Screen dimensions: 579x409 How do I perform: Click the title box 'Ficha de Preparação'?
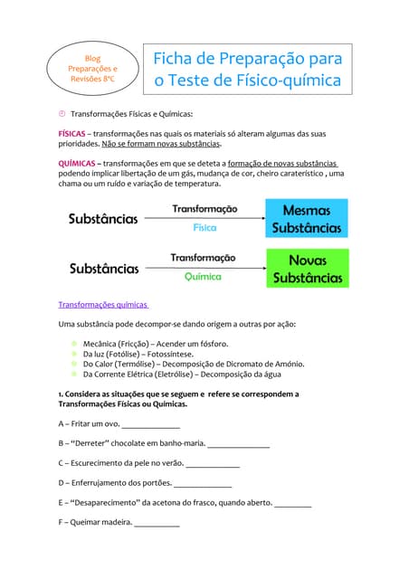click(x=247, y=70)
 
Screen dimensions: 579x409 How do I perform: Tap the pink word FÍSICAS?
click(x=72, y=133)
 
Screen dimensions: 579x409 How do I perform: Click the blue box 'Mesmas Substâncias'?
click(x=307, y=218)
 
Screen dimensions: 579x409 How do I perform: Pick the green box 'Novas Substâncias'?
click(x=307, y=269)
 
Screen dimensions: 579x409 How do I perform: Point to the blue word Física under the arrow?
click(x=204, y=227)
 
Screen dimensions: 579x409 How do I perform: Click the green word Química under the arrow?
click(x=203, y=276)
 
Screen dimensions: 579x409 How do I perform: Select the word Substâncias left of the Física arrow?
click(x=104, y=219)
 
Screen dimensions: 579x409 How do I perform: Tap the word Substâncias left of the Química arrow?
click(x=104, y=269)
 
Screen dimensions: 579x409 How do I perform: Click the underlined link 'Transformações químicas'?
click(x=103, y=305)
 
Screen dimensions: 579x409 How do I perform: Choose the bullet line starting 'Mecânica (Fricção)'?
click(x=155, y=344)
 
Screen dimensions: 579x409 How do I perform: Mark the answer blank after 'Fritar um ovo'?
click(x=151, y=424)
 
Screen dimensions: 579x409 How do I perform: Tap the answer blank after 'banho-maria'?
click(x=239, y=444)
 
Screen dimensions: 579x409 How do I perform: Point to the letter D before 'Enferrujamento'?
click(x=62, y=483)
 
